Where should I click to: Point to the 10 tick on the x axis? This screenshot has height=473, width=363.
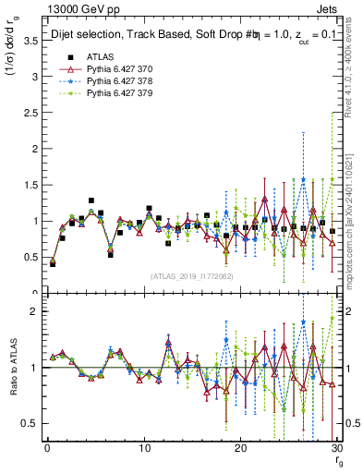pos(143,449)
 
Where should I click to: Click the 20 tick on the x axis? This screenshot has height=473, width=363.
pos(240,449)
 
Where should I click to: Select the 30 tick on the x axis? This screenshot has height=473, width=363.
pos(336,449)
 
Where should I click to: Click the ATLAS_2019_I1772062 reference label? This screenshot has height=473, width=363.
pos(191,275)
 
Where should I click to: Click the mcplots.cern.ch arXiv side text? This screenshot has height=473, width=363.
pos(355,217)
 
